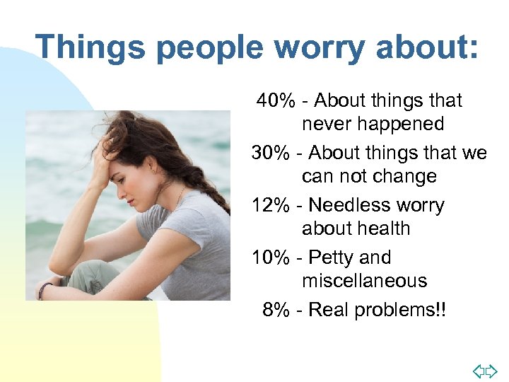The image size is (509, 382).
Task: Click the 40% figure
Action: coord(276,100)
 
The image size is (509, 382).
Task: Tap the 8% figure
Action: coord(276,310)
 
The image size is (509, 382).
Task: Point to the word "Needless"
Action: coord(344,205)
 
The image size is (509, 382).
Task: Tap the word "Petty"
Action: coord(331,257)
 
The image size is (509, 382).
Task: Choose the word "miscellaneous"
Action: coord(364,281)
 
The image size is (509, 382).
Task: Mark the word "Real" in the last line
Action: coord(330,310)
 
